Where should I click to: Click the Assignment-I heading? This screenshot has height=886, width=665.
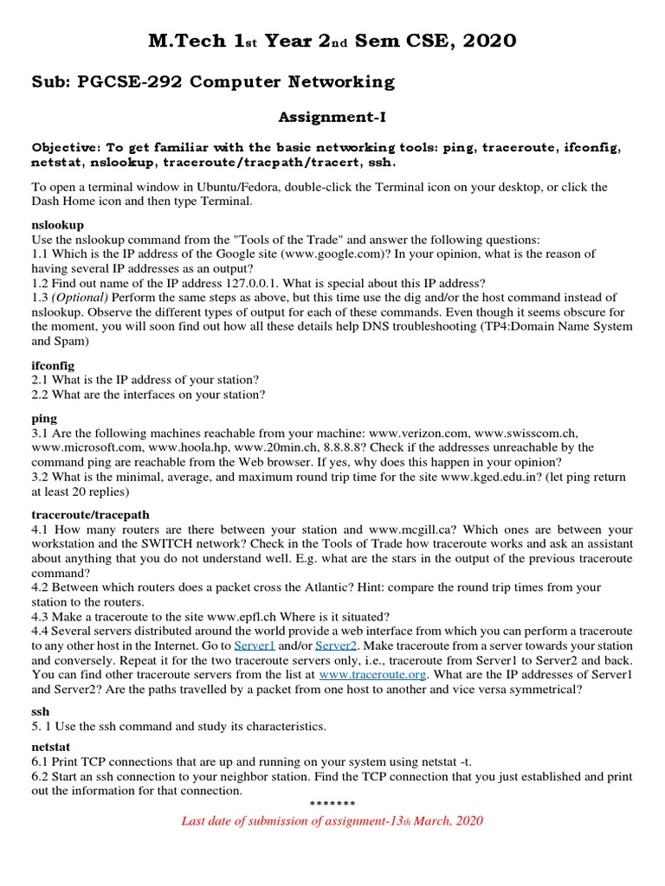click(x=332, y=116)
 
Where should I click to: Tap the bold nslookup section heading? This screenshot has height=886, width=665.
click(x=57, y=224)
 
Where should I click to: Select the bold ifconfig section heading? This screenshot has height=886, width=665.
click(x=53, y=365)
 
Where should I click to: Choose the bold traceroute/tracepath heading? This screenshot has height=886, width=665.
click(x=90, y=515)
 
